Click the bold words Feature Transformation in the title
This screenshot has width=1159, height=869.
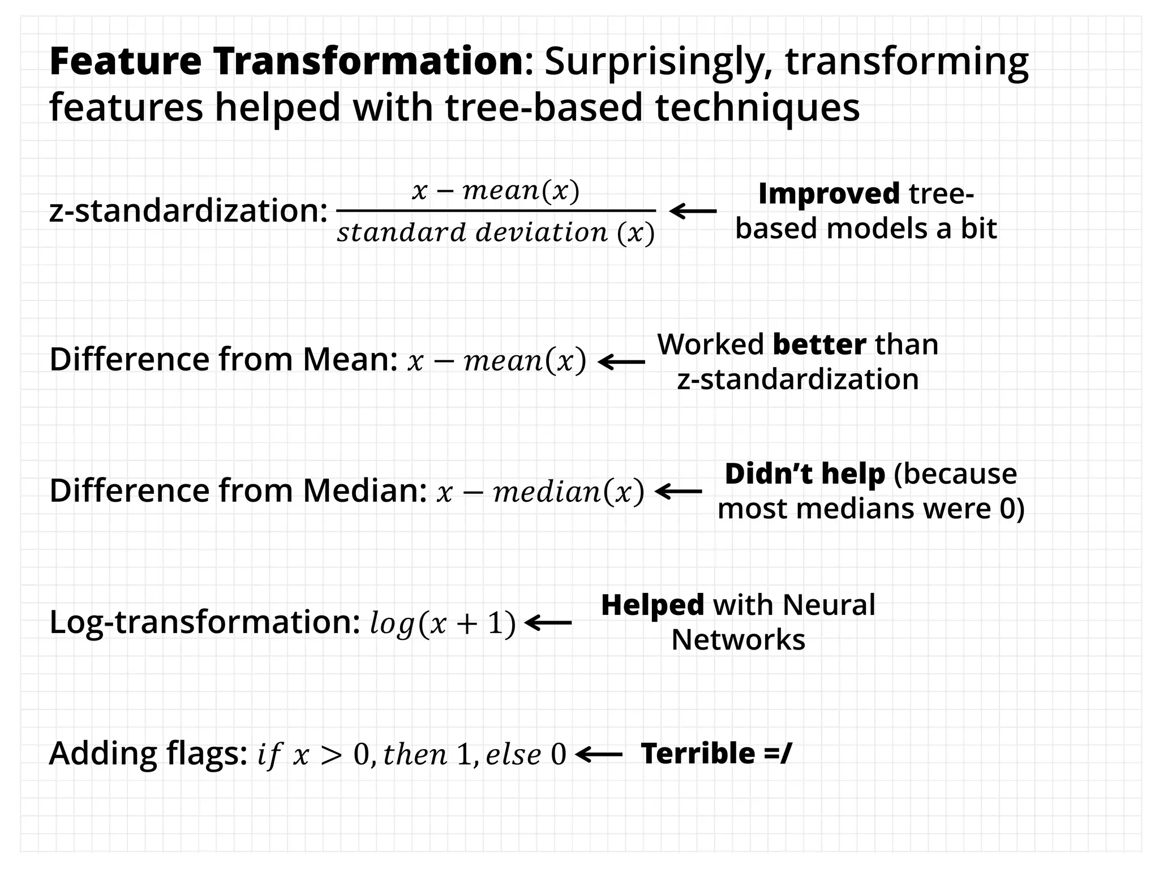286,61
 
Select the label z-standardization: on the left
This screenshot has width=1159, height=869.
188,210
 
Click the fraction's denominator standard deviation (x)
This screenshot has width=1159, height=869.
496,233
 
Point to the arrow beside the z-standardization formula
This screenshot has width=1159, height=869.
693,211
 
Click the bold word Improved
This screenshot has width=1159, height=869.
829,193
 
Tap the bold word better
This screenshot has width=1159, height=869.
819,344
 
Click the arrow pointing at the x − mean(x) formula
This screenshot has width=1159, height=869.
621,362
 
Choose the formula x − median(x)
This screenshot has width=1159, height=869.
540,491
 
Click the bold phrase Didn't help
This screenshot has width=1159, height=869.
805,474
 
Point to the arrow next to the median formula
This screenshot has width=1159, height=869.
678,491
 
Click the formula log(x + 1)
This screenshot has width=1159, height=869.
443,623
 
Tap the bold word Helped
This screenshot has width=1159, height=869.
653,605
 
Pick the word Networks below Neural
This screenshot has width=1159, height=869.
738,640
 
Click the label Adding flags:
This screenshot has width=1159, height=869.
148,753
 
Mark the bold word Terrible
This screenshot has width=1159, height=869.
698,754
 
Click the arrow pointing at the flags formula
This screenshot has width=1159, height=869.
599,754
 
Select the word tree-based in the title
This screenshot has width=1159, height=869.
544,107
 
